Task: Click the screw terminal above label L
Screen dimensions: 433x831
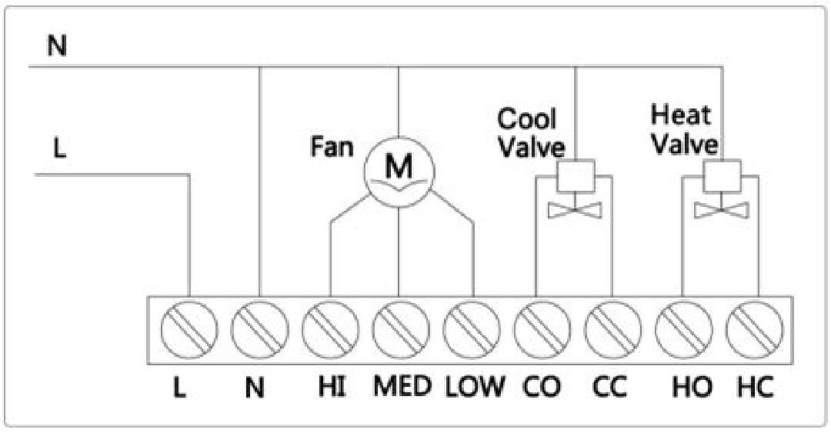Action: tap(189, 330)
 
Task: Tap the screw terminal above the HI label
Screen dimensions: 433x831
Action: tap(331, 330)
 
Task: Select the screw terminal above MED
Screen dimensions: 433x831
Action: tap(400, 330)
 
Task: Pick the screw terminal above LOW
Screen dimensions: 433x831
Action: tap(471, 330)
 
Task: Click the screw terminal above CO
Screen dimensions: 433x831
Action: tap(541, 330)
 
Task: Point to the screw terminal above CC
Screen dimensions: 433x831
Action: tap(612, 330)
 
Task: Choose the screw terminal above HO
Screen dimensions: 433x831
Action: tap(682, 330)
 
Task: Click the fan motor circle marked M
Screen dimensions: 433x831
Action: tap(398, 172)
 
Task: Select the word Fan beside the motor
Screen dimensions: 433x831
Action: tap(332, 147)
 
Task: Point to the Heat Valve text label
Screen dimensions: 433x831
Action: tap(682, 130)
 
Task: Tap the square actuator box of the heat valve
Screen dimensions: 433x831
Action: tap(721, 176)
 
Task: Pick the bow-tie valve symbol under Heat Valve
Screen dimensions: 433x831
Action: tap(721, 210)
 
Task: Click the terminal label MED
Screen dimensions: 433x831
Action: tap(402, 387)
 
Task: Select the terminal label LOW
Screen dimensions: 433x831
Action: tap(474, 387)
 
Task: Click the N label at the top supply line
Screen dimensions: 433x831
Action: tap(57, 46)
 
